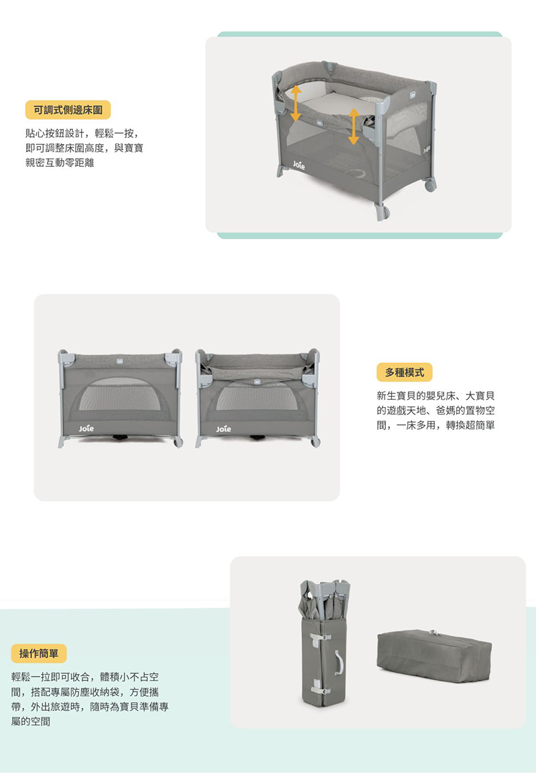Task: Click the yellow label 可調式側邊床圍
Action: tap(68, 110)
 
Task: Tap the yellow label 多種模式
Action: tap(404, 371)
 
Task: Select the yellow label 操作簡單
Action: tap(39, 653)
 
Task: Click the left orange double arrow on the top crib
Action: tap(295, 103)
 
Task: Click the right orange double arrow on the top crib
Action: tap(354, 127)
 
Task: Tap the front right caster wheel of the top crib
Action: tap(383, 212)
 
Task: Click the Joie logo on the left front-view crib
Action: tap(86, 427)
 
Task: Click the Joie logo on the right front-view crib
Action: tap(224, 427)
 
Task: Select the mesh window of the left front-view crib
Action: tap(120, 396)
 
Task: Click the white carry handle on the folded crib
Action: tap(341, 662)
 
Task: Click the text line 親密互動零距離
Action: tap(60, 163)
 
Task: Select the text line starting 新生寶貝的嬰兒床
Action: tap(439, 395)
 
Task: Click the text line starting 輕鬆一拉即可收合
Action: tap(85, 677)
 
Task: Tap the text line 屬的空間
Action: tap(31, 721)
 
